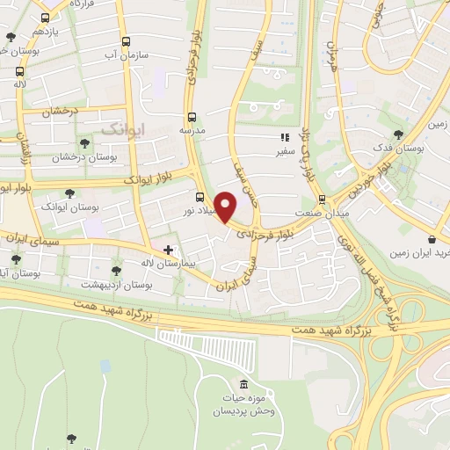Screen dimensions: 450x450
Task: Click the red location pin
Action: coord(226,207)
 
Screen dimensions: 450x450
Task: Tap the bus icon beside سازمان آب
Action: coord(127,40)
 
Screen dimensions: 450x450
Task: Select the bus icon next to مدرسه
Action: coord(192,116)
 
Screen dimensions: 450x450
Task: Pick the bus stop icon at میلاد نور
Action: coord(201,197)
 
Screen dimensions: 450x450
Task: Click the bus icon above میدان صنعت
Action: coord(323,200)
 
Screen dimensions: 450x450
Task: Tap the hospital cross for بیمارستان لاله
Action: coord(169,250)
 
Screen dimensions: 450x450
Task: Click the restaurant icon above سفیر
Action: coord(284,137)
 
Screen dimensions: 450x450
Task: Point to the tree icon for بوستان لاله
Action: coord(116,271)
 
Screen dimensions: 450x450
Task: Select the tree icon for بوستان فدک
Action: coord(398,134)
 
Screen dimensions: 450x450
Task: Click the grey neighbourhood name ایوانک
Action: coord(120,129)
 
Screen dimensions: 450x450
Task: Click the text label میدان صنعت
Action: coord(323,214)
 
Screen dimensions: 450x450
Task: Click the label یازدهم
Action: coord(46,31)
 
